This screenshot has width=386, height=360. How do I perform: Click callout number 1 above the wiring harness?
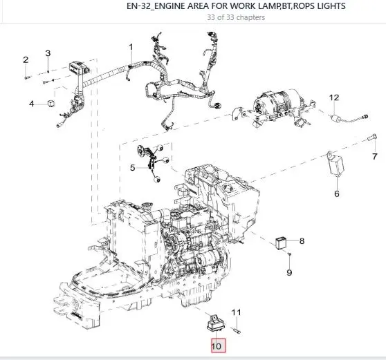(x=131, y=47)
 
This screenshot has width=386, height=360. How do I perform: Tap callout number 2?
(x=26, y=59)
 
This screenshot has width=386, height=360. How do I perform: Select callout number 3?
(x=48, y=53)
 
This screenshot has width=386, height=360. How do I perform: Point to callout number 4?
(x=32, y=104)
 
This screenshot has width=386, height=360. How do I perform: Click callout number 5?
(x=133, y=168)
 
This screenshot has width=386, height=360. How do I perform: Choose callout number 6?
(x=337, y=193)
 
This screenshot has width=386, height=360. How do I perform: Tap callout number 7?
(x=375, y=156)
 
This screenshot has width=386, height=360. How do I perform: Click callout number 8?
(x=302, y=241)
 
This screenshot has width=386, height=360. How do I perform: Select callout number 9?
(x=289, y=272)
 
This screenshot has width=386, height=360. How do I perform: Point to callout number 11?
(x=236, y=312)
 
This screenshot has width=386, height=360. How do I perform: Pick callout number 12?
(x=334, y=97)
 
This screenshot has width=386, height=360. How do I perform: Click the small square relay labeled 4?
(x=51, y=103)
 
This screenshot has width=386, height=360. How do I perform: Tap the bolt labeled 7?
(x=371, y=137)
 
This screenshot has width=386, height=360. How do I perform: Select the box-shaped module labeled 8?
(x=281, y=243)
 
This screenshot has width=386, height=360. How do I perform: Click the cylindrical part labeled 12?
(x=336, y=118)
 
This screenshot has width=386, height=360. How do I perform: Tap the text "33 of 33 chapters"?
(x=236, y=18)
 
